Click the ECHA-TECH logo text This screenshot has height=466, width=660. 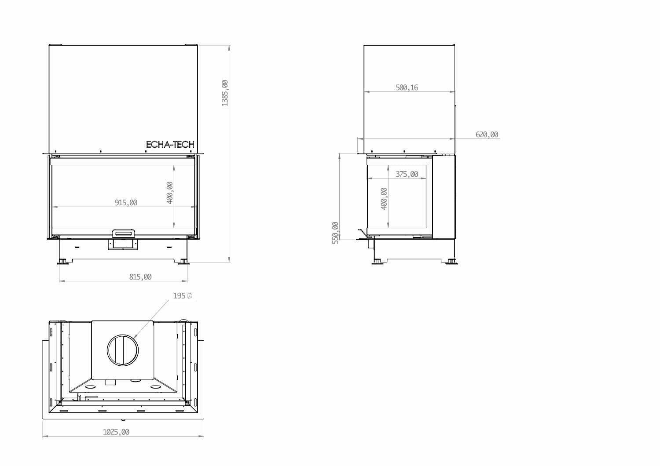pyautogui.click(x=170, y=145)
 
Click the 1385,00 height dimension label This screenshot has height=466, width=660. pyautogui.click(x=225, y=93)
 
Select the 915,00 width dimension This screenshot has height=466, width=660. pyautogui.click(x=126, y=203)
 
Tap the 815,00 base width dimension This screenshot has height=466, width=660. pyautogui.click(x=140, y=277)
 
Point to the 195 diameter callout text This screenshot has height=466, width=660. pyautogui.click(x=183, y=295)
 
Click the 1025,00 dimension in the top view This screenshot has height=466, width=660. pyautogui.click(x=116, y=432)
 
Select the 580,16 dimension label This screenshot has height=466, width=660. pyautogui.click(x=407, y=87)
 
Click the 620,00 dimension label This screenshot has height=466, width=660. pyautogui.click(x=487, y=135)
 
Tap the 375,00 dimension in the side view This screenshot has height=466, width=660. pyautogui.click(x=407, y=174)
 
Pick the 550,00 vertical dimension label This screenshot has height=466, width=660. pyautogui.click(x=335, y=233)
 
